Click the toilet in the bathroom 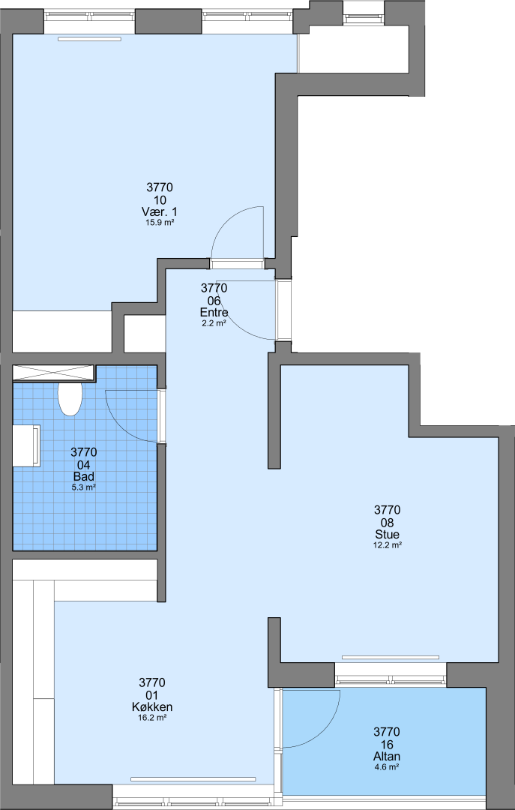point(70,399)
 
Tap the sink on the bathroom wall point(26,445)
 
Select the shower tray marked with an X point(53,373)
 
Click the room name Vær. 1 point(160,211)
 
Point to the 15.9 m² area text point(160,223)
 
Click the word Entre point(214,312)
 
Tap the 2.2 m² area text point(214,323)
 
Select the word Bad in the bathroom point(84,476)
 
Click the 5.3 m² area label point(84,487)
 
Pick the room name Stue point(388,534)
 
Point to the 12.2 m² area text point(388,545)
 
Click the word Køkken point(152,706)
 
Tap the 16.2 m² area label point(152,718)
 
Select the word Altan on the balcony point(387,756)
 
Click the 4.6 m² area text point(387,767)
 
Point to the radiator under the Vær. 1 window point(89,39)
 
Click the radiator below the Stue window point(391,658)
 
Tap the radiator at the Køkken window point(193,779)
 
